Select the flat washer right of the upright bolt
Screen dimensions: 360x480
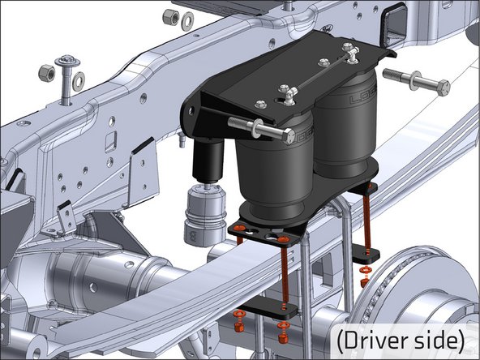pyautogui.click(x=78, y=81)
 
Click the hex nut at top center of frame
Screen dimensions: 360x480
pyautogui.click(x=169, y=16)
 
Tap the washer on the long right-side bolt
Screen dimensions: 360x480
pyautogui.click(x=415, y=80)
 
